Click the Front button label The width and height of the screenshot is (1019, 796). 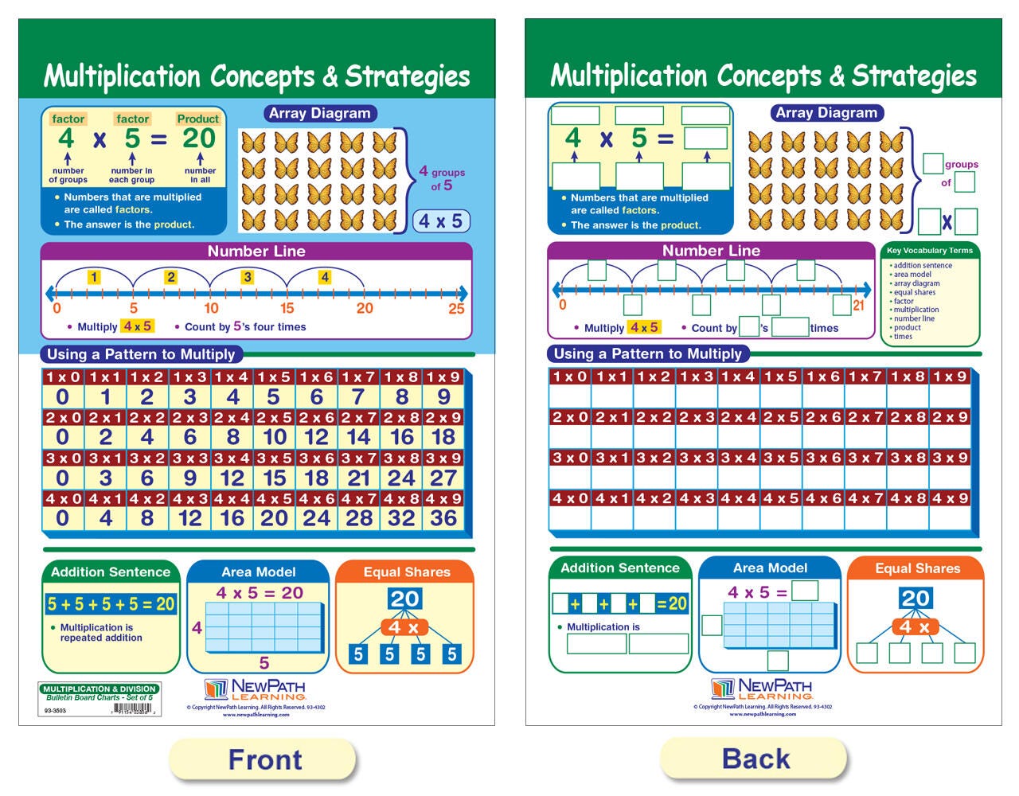tap(264, 759)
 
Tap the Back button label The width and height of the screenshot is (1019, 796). tap(755, 759)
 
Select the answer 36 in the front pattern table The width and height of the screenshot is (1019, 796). tap(443, 518)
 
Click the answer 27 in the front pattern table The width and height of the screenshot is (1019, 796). tap(443, 478)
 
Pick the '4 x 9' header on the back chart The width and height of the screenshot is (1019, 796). tap(950, 498)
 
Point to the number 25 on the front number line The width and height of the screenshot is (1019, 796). tap(456, 308)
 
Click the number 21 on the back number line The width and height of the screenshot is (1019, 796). tap(858, 305)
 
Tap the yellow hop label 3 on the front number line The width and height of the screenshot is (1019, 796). tap(248, 277)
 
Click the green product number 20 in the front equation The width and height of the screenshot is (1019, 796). tap(199, 139)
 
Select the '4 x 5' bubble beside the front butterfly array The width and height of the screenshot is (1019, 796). tap(441, 221)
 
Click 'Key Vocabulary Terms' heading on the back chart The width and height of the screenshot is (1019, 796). tap(930, 250)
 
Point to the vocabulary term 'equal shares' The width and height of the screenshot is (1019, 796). tap(914, 292)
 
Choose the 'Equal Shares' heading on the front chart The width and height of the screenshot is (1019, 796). tap(406, 572)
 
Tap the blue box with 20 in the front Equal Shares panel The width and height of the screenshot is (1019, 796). tap(404, 599)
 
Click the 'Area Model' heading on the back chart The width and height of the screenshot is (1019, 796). tap(770, 568)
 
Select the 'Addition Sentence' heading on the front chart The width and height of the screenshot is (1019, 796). tap(111, 572)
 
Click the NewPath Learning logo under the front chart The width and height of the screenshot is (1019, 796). tap(255, 689)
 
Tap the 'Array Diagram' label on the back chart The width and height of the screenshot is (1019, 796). tap(826, 113)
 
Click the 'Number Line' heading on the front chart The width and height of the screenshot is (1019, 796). tap(256, 251)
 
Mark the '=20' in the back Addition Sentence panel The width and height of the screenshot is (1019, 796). tap(672, 603)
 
